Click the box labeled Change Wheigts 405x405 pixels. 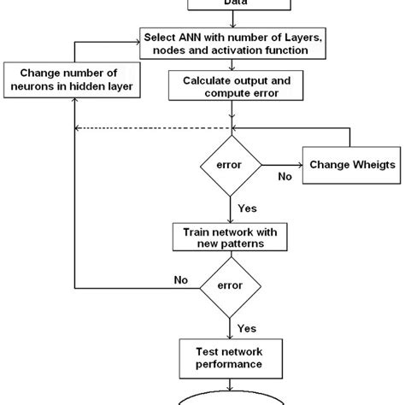(x=352, y=164)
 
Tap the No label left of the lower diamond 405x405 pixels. (x=181, y=278)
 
